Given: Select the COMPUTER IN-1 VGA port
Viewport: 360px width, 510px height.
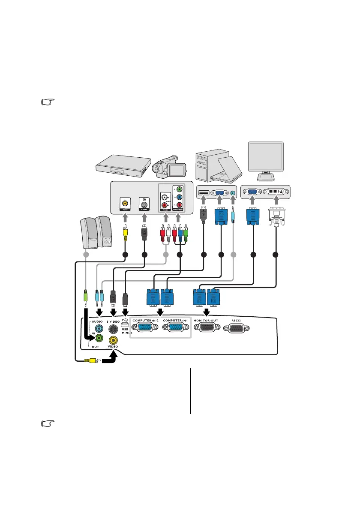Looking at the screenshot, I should tap(176, 329).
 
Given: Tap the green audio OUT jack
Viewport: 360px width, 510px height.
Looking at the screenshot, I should tap(99, 338).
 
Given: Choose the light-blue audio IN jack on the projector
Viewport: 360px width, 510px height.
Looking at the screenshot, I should tap(99, 329).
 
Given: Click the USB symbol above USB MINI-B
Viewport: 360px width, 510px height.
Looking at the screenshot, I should tap(125, 320).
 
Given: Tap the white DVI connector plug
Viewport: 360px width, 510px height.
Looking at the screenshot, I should tap(276, 219).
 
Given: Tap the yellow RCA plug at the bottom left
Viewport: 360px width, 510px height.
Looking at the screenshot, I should tap(93, 361).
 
